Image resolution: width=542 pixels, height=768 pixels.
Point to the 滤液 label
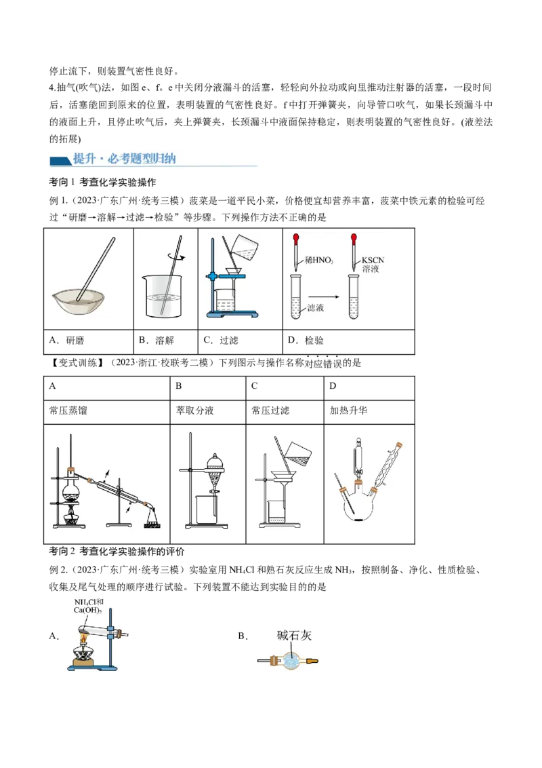tap(316, 307)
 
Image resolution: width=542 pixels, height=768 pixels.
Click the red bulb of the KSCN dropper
tap(353, 239)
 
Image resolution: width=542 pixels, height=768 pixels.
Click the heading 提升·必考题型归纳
tap(124, 159)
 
